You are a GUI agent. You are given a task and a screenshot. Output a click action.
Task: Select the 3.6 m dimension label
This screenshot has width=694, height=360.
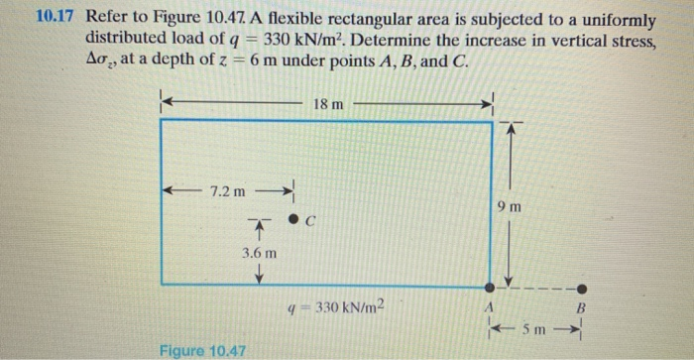[259, 255]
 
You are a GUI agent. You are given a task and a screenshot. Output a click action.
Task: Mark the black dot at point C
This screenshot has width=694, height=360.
[293, 219]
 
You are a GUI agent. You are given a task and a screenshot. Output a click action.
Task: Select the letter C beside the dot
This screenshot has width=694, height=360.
[310, 222]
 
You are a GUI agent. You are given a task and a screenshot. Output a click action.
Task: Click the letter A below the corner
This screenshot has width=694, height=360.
[488, 307]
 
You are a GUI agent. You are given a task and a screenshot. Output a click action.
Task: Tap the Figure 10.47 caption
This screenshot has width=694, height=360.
[202, 350]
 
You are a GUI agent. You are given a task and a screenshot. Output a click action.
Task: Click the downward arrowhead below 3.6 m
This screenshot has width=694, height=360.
[259, 278]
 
